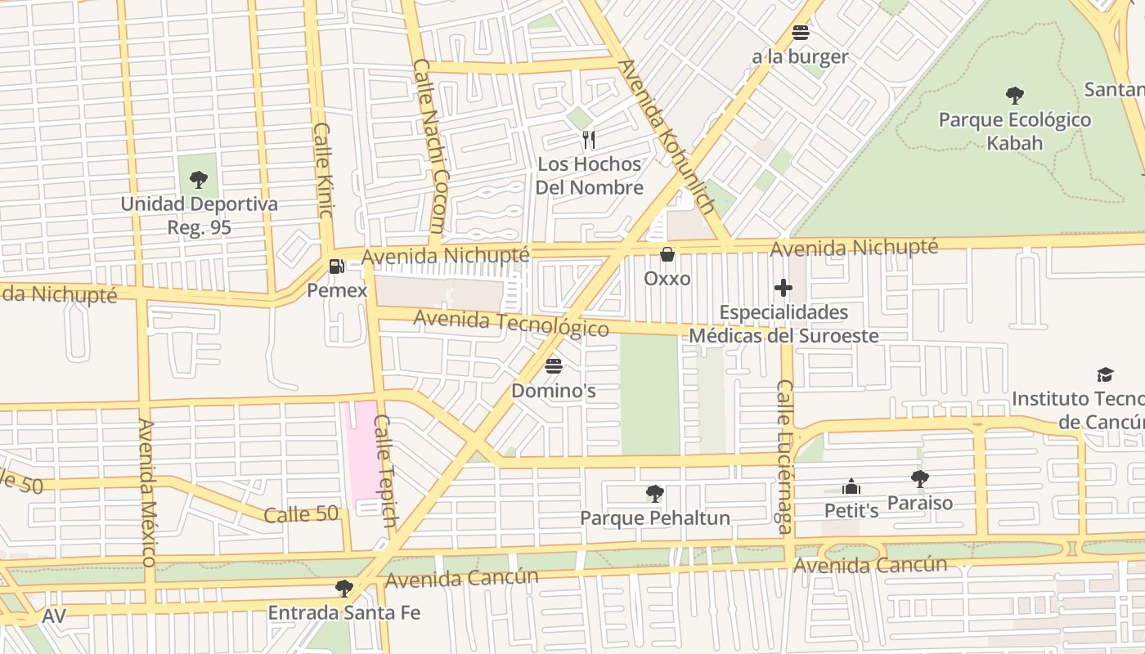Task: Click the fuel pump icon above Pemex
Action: pos(335,266)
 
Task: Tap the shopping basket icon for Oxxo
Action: pos(667,254)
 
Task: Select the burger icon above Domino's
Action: pos(554,365)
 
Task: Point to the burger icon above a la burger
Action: pos(800,33)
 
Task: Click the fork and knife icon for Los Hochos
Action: pos(588,140)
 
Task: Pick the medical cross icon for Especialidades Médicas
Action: pos(784,288)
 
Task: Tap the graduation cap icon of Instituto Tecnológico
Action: pos(1105,374)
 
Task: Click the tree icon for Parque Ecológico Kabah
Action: pos(1014,96)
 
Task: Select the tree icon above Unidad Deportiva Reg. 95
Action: pos(198,179)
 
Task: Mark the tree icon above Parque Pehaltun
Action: pos(654,493)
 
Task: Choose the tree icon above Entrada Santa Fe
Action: pos(344,588)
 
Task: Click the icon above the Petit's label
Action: pos(851,487)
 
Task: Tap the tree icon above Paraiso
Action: pos(919,478)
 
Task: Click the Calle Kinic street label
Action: pos(323,170)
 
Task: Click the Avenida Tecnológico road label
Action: pos(511,323)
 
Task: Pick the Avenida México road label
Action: pos(147,493)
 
